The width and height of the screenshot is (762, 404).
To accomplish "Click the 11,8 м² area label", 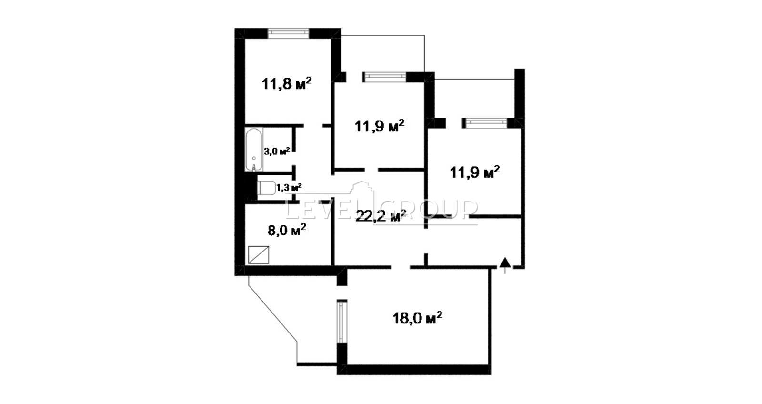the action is tap(286, 83).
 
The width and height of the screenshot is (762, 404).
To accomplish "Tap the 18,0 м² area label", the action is tap(417, 318).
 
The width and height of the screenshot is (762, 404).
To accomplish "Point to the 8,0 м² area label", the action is tap(287, 230).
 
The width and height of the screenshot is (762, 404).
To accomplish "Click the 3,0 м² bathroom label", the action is tap(277, 151).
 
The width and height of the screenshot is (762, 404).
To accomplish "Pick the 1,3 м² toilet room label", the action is tap(289, 187).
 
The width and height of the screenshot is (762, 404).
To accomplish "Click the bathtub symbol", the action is tap(254, 150).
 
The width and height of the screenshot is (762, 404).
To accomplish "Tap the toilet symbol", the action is tap(267, 188).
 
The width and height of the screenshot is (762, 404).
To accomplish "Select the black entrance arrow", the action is tap(505, 265).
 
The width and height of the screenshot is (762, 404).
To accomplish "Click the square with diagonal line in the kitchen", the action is tap(259, 255).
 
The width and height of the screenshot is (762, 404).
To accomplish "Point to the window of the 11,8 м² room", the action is tap(288, 33).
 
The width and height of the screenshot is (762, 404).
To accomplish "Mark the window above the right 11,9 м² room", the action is tap(485, 123).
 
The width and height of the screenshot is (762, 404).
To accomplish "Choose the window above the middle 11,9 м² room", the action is tap(385, 77).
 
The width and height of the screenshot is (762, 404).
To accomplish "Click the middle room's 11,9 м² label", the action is tap(379, 126).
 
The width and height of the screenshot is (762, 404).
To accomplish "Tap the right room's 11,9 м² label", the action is tap(475, 172).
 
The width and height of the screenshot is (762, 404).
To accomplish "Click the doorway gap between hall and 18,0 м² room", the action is tap(401, 267).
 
